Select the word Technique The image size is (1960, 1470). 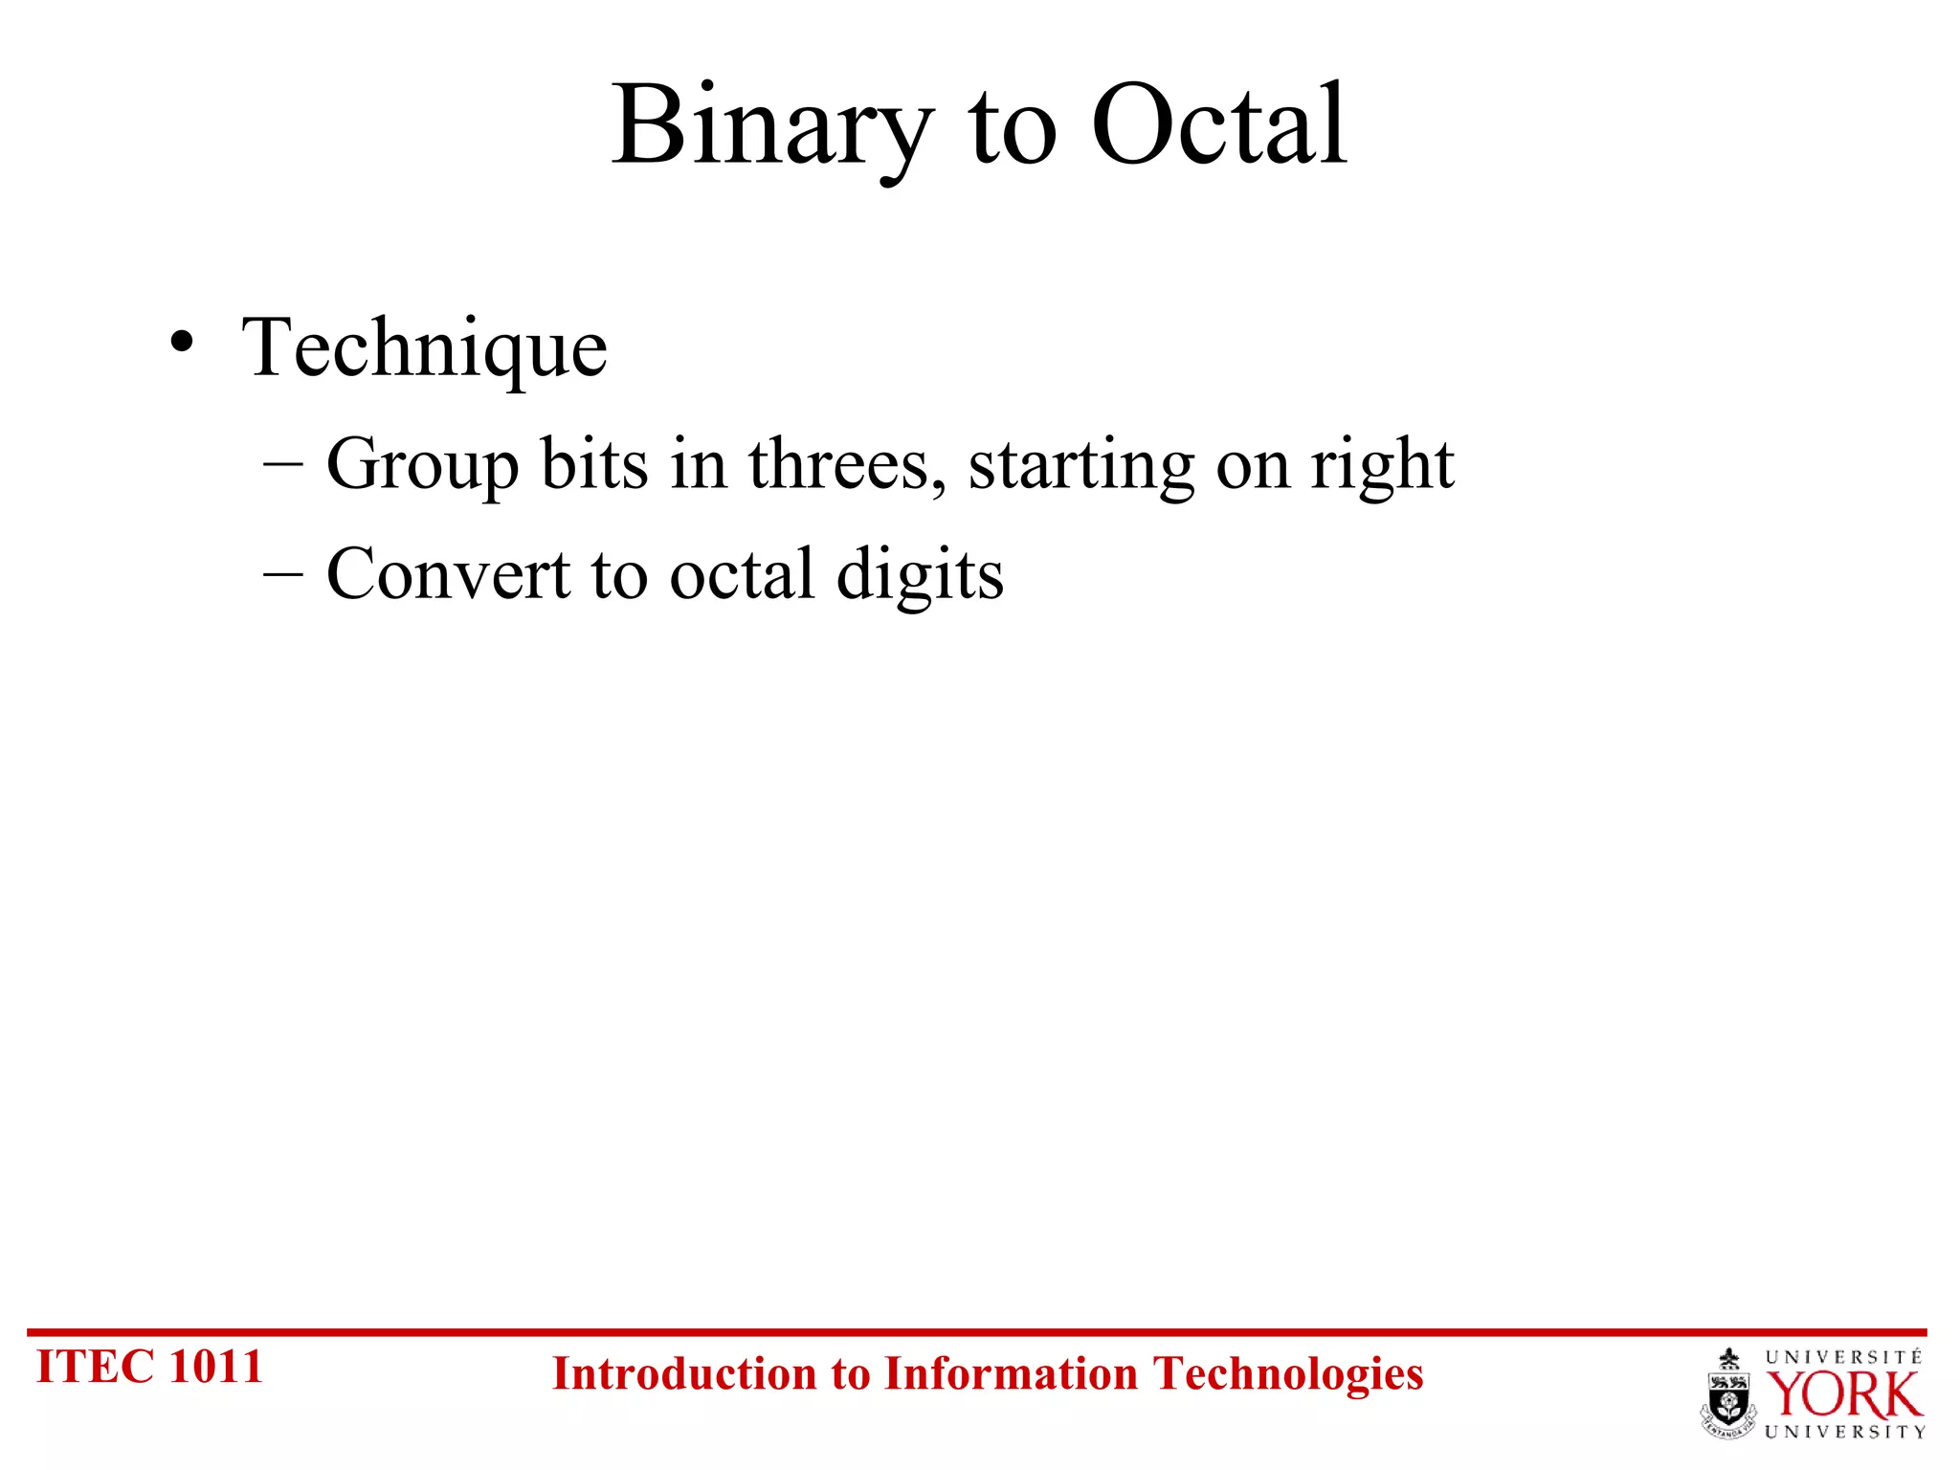click(x=424, y=348)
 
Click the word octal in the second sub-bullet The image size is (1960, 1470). click(x=742, y=574)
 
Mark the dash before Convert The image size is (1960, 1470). click(x=282, y=575)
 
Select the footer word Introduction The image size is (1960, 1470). click(x=683, y=1374)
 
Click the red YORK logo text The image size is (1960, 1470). click(x=1843, y=1395)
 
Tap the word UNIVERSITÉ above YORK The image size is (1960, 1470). click(x=1843, y=1357)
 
